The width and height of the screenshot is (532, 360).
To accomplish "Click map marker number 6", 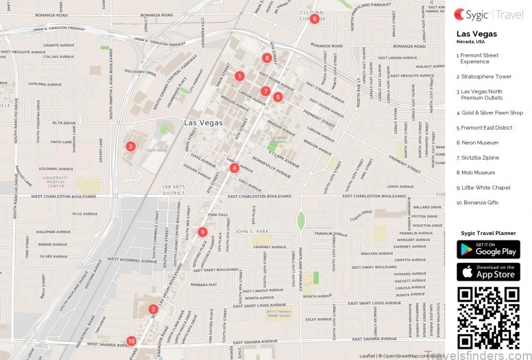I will (x=314, y=19).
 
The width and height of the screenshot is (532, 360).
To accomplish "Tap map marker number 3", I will (x=130, y=146).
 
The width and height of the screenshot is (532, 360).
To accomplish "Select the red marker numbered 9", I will (x=202, y=232).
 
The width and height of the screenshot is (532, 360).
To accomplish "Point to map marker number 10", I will (x=131, y=341).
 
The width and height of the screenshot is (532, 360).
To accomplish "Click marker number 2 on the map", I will (x=153, y=309).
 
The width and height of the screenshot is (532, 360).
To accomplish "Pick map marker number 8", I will (x=267, y=58).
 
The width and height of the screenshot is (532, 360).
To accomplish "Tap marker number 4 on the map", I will (x=234, y=168).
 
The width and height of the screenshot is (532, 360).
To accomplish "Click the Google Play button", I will (x=488, y=250).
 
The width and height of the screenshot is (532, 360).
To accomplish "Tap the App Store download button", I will (x=488, y=271).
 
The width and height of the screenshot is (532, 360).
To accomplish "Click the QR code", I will (x=488, y=317).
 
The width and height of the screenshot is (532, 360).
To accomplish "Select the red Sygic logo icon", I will (x=460, y=14).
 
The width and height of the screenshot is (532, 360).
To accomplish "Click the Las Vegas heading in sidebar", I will (x=476, y=34).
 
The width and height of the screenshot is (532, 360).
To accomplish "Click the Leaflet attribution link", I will (x=367, y=356).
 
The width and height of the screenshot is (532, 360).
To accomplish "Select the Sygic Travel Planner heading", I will (x=488, y=234).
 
